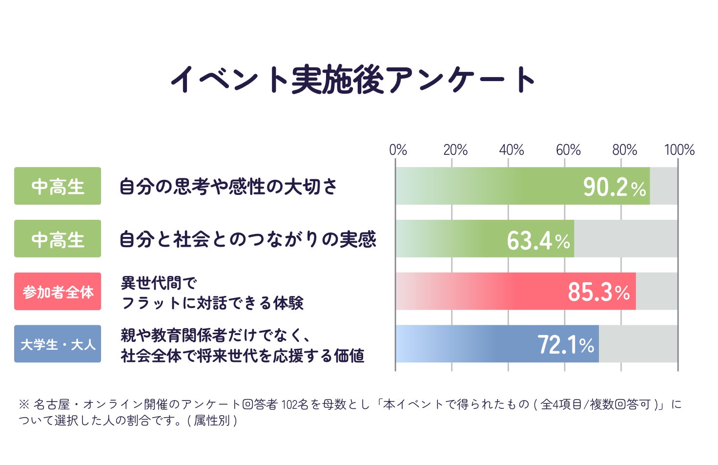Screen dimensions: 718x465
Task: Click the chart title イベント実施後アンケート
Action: point(353,80)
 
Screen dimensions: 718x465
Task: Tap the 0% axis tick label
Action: point(398,150)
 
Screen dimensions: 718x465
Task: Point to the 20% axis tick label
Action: point(455,150)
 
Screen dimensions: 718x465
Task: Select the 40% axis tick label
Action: point(512,150)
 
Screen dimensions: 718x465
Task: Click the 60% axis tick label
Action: point(568,150)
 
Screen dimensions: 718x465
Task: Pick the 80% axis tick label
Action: point(625,150)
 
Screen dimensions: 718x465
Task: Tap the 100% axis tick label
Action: point(679,150)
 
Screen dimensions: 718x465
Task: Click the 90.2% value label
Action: point(615,187)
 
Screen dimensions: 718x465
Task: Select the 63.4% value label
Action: point(538,241)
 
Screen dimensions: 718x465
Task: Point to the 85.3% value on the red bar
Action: point(599,292)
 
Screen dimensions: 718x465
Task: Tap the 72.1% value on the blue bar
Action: point(566,345)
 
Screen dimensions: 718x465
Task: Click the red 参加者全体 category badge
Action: point(58,291)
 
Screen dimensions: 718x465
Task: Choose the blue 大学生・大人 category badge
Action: point(58,344)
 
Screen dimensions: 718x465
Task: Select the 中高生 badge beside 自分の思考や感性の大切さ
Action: point(58,186)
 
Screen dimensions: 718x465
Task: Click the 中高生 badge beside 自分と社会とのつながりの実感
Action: point(58,238)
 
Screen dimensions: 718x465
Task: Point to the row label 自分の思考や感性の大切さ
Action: point(228,187)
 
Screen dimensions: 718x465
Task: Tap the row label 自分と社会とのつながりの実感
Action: point(248,239)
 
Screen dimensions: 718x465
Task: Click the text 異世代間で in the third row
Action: point(159,283)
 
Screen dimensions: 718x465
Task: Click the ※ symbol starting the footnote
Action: point(24,404)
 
